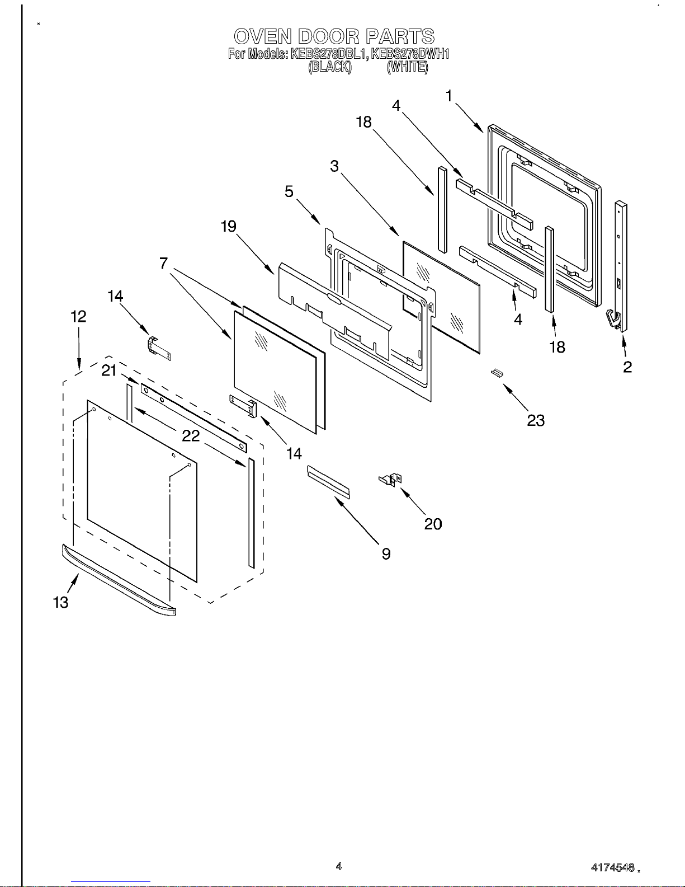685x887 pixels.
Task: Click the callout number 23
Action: click(x=536, y=420)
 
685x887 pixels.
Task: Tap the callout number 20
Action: click(x=433, y=524)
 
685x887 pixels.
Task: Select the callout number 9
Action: click(x=386, y=553)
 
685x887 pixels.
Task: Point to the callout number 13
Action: click(x=60, y=602)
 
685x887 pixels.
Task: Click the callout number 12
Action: click(x=78, y=317)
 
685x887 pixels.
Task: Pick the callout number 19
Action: click(x=228, y=227)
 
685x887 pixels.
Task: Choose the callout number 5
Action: click(x=289, y=191)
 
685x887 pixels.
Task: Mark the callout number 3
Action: click(x=334, y=166)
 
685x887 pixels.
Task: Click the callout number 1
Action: click(x=448, y=96)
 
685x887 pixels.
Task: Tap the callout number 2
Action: click(x=627, y=367)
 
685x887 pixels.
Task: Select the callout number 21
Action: click(x=109, y=370)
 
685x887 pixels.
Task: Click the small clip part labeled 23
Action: click(x=495, y=373)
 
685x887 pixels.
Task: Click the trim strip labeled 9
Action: click(x=328, y=482)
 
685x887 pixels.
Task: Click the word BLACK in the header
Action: click(x=330, y=67)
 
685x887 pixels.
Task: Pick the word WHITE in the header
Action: click(x=408, y=67)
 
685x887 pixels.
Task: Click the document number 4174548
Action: click(x=613, y=868)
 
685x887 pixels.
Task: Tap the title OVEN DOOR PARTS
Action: click(x=334, y=36)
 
